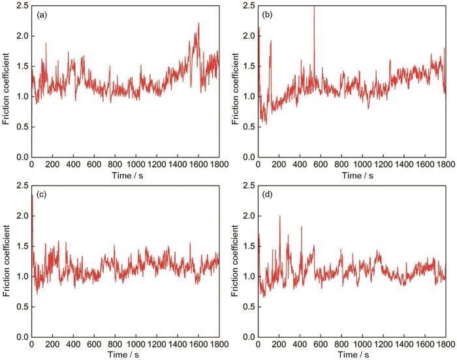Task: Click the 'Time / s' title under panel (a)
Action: coord(125,176)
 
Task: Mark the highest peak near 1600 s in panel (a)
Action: coord(198,24)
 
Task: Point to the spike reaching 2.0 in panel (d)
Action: coord(279,217)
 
